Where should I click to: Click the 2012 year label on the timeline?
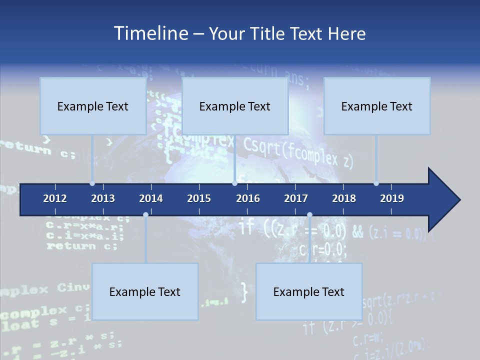[x=55, y=198]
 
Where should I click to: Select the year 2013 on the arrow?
[x=103, y=198]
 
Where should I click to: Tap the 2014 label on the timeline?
[x=151, y=198]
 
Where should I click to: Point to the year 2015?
[x=199, y=198]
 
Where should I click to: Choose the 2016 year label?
[x=248, y=198]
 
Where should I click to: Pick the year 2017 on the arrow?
[x=296, y=198]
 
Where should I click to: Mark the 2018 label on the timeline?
[x=344, y=198]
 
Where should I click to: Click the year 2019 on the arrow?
[x=392, y=198]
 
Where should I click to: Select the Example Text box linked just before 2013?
[x=93, y=106]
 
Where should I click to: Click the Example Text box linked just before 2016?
[x=235, y=106]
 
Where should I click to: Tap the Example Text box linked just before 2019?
[x=377, y=106]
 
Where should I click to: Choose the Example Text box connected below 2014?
[x=145, y=292]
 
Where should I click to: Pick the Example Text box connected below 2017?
[x=309, y=292]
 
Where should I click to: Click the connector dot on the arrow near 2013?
[x=92, y=183]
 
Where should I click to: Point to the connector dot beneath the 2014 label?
[x=145, y=214]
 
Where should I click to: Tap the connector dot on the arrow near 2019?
[x=376, y=183]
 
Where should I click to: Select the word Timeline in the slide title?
[x=150, y=33]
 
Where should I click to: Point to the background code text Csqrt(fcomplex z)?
[x=298, y=152]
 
